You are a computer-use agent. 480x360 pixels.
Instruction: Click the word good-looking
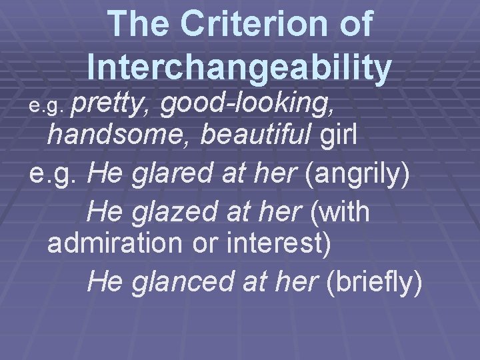click(x=247, y=103)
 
